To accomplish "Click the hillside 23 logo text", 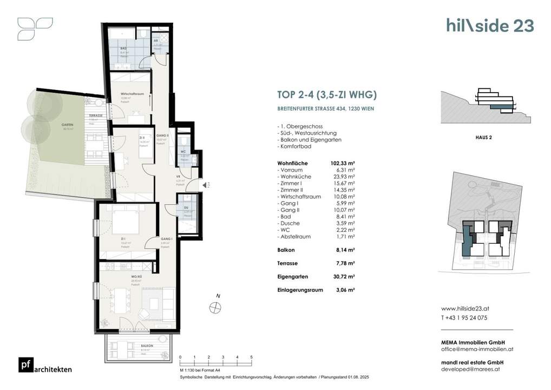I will click(490, 25).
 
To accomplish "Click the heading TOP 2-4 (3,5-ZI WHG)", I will click(326, 95).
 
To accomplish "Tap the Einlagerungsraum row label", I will click(300, 290).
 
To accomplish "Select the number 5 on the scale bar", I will click(251, 357).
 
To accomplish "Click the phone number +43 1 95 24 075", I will click(464, 318).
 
